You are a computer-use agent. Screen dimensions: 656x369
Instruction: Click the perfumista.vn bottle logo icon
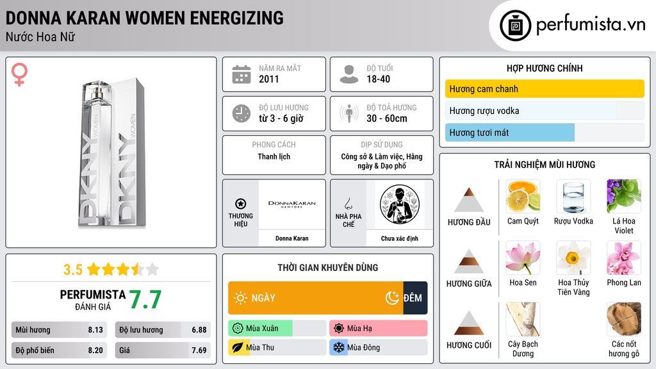(x=515, y=26)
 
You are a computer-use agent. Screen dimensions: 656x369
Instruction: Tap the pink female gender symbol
(x=19, y=74)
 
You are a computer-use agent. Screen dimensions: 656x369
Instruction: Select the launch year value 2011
(x=268, y=79)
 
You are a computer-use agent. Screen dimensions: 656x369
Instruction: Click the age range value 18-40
(x=378, y=79)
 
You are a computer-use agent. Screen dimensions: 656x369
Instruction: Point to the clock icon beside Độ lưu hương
(x=242, y=113)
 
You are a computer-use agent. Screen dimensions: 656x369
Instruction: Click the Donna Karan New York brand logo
(x=292, y=204)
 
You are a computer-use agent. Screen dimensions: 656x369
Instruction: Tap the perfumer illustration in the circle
(x=400, y=204)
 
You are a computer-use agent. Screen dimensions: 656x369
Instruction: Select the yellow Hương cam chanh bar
(x=545, y=88)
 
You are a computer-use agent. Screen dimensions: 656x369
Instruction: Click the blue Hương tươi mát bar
(x=510, y=133)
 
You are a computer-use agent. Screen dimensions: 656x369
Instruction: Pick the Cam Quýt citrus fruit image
(x=523, y=197)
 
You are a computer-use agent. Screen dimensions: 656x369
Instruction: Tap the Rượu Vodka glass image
(x=573, y=197)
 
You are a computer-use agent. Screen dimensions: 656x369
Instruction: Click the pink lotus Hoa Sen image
(x=523, y=258)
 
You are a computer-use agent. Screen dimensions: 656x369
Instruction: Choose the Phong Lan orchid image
(x=624, y=258)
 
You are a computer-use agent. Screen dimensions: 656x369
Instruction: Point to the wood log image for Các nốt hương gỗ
(x=624, y=319)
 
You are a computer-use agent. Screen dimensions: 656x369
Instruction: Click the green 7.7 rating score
(x=145, y=300)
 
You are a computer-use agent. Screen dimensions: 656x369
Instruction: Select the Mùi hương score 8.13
(x=95, y=330)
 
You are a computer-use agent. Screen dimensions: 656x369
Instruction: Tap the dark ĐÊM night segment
(x=415, y=298)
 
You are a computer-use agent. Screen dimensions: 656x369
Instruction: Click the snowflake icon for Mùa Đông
(x=338, y=347)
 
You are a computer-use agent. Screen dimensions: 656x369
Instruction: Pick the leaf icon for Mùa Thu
(x=237, y=347)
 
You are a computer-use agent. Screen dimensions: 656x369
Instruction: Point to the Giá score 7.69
(x=199, y=350)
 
